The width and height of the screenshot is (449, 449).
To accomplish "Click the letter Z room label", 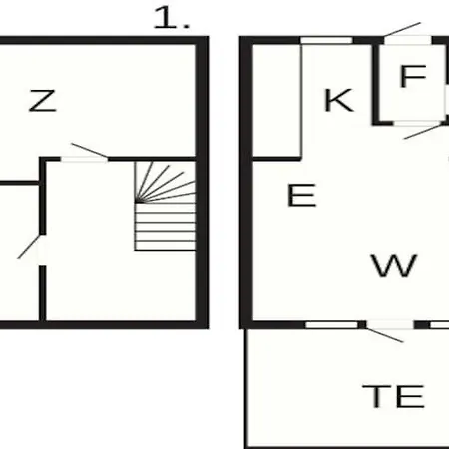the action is pyautogui.click(x=43, y=100).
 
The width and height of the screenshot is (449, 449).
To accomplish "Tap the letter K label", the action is pyautogui.click(x=338, y=100).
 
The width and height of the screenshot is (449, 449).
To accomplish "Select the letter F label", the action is pyautogui.click(x=413, y=76).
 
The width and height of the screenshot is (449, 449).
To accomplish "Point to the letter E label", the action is pyautogui.click(x=301, y=195).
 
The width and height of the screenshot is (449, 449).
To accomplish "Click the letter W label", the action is pyautogui.click(x=394, y=265).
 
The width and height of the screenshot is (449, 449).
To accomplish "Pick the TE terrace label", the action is pyautogui.click(x=393, y=396).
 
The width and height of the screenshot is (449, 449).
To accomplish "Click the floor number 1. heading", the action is pyautogui.click(x=171, y=18).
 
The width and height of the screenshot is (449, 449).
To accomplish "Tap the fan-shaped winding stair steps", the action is pyautogui.click(x=165, y=182).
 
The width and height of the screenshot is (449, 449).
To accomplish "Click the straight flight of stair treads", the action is pyautogui.click(x=165, y=226).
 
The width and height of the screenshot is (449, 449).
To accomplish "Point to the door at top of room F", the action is pyautogui.click(x=408, y=34).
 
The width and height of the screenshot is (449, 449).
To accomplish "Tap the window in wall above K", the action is pyautogui.click(x=326, y=41).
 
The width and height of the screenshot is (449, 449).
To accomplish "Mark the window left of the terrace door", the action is pyautogui.click(x=332, y=324).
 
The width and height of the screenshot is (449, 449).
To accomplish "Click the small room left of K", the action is pyautogui.click(x=277, y=100).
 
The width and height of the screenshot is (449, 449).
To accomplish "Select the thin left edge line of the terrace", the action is pyautogui.click(x=246, y=388).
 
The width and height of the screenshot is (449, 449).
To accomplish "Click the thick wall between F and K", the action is pyautogui.click(x=376, y=84).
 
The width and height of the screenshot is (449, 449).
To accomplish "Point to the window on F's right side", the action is pyautogui.click(x=447, y=101).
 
